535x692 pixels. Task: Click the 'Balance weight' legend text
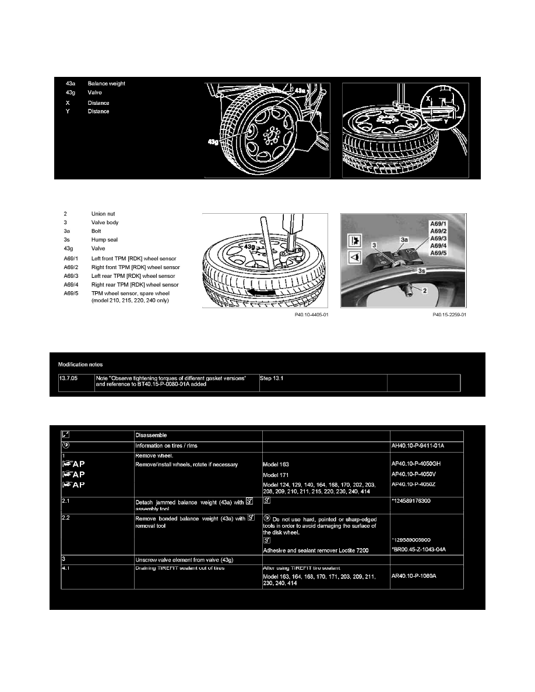coord(106,84)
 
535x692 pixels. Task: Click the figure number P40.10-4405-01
coord(312,315)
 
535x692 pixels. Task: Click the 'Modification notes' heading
coord(80,364)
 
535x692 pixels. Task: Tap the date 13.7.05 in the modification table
coord(68,377)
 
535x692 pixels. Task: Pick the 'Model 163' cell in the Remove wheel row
coord(280,465)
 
